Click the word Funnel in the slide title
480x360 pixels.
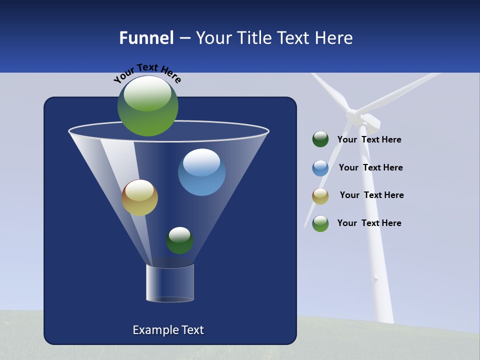point(146,38)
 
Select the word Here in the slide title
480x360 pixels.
point(333,38)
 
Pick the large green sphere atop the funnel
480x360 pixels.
point(148,106)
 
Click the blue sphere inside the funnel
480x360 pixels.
point(201,172)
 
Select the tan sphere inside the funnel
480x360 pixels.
point(139,197)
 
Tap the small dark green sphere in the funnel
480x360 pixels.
point(179,240)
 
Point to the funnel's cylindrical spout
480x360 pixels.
point(169,283)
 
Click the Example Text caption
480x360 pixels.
point(168,330)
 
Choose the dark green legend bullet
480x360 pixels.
point(320,139)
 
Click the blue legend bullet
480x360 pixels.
point(320,168)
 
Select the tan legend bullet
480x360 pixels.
point(320,196)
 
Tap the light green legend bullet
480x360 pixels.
point(320,223)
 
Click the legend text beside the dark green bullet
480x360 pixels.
point(369,140)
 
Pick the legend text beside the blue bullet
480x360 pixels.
point(370,167)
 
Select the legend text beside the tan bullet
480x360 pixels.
point(371,195)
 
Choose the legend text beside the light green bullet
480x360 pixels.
point(369,223)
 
